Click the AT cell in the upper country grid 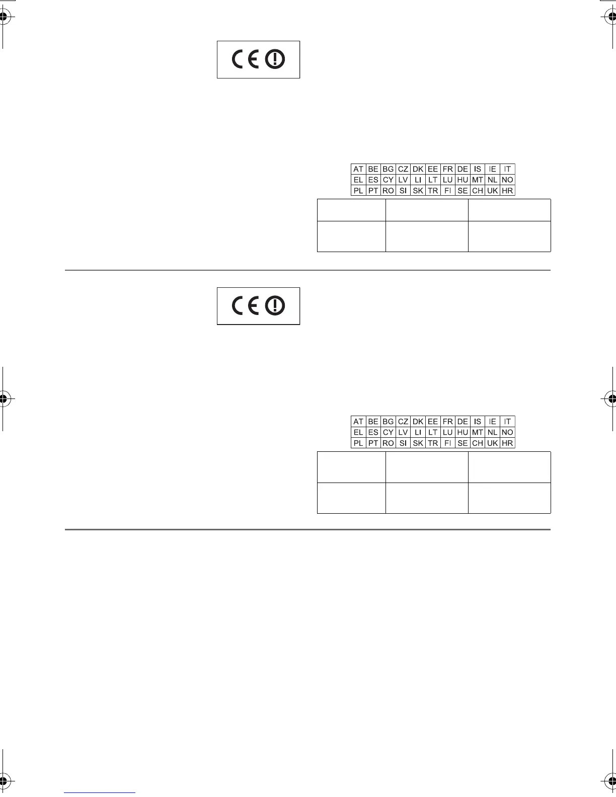pyautogui.click(x=358, y=169)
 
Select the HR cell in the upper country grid pyautogui.click(x=507, y=191)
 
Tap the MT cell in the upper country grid pyautogui.click(x=478, y=180)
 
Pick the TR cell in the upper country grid pyautogui.click(x=433, y=191)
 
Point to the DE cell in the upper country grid pyautogui.click(x=463, y=169)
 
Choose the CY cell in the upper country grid pyautogui.click(x=388, y=180)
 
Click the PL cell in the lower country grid pyautogui.click(x=358, y=443)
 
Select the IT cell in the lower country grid pyautogui.click(x=507, y=422)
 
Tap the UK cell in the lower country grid pyautogui.click(x=492, y=443)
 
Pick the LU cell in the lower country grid pyautogui.click(x=447, y=433)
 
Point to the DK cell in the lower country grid pyautogui.click(x=418, y=422)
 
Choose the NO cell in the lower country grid pyautogui.click(x=507, y=433)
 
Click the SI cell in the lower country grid pyautogui.click(x=403, y=443)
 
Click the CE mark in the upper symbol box pyautogui.click(x=246, y=60)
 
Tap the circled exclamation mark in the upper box pyautogui.click(x=275, y=60)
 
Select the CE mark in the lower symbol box pyautogui.click(x=246, y=306)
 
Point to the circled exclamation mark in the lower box pyautogui.click(x=275, y=306)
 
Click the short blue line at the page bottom pyautogui.click(x=100, y=792)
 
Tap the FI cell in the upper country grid pyautogui.click(x=447, y=191)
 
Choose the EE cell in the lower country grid pyautogui.click(x=433, y=422)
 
